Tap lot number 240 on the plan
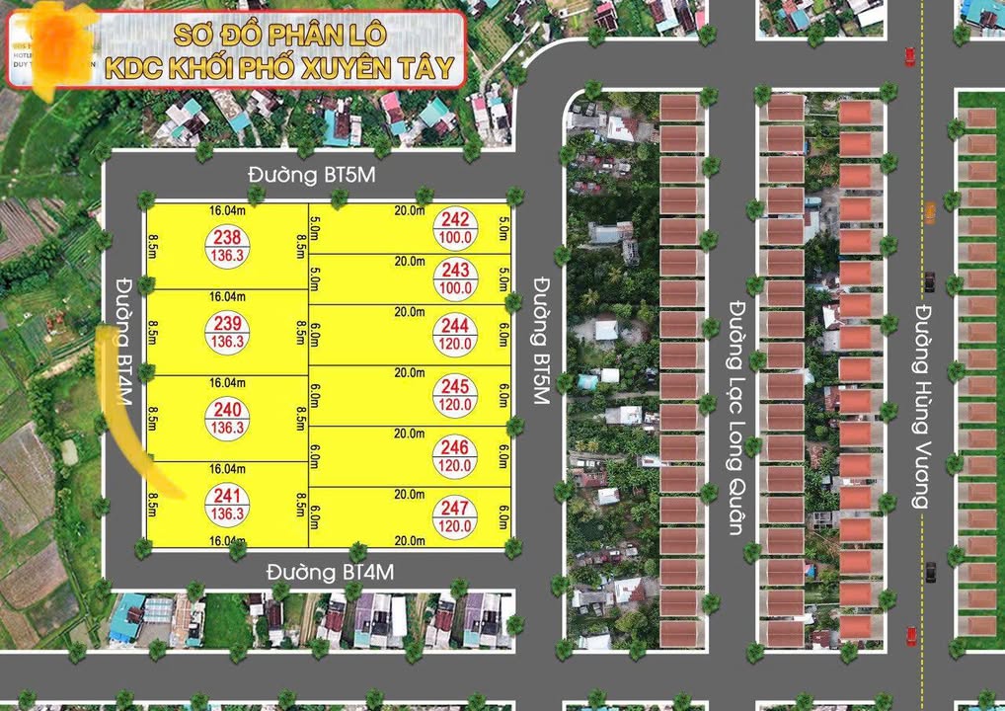(227, 418)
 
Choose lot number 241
(227, 504)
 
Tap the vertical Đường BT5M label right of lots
(540, 341)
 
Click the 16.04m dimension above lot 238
(226, 210)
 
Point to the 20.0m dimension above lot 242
(410, 210)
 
